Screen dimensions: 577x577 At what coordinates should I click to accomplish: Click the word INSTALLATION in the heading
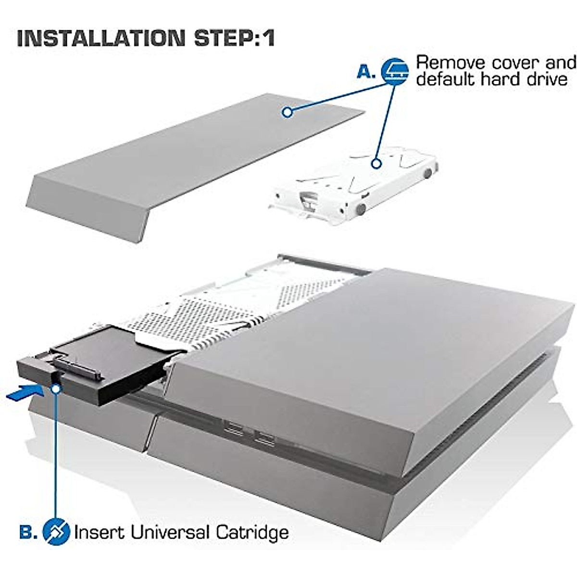(100, 38)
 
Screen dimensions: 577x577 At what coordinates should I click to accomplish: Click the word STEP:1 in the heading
(234, 38)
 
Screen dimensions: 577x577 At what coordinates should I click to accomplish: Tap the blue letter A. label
(366, 72)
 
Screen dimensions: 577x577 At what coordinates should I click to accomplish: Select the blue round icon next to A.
(395, 72)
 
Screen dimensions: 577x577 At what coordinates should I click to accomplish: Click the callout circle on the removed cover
(287, 112)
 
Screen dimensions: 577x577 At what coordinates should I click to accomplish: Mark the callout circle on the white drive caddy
(376, 163)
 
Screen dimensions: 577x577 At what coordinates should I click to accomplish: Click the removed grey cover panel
(192, 163)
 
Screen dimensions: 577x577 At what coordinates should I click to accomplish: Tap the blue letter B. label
(28, 532)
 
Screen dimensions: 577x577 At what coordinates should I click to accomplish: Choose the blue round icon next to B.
(56, 532)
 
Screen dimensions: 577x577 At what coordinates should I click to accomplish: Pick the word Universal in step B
(169, 532)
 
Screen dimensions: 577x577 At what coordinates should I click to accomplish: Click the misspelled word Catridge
(252, 532)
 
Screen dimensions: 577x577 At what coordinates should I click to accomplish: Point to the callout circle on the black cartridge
(56, 388)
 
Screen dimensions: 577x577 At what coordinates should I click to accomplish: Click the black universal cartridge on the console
(91, 365)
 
